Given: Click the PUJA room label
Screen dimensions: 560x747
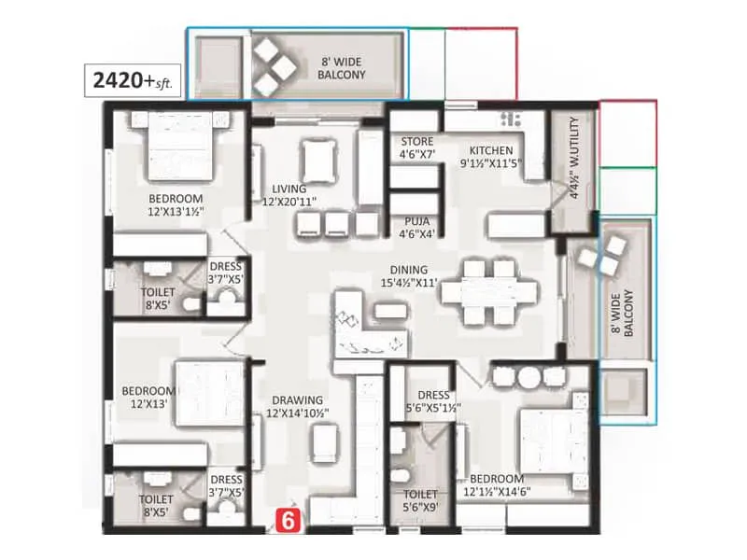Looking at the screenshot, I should coord(411,228).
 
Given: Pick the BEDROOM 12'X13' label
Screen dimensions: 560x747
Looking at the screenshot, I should coord(148,398).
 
